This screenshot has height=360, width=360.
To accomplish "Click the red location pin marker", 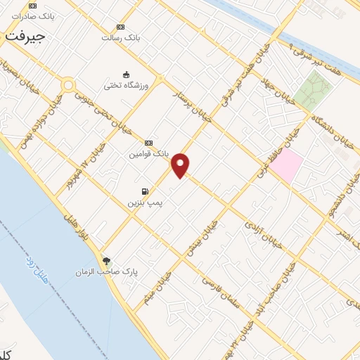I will [x=181, y=165].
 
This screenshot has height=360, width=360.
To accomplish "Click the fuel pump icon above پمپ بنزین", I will [x=145, y=191].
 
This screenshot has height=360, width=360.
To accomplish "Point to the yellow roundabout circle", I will [x=68, y=85].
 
